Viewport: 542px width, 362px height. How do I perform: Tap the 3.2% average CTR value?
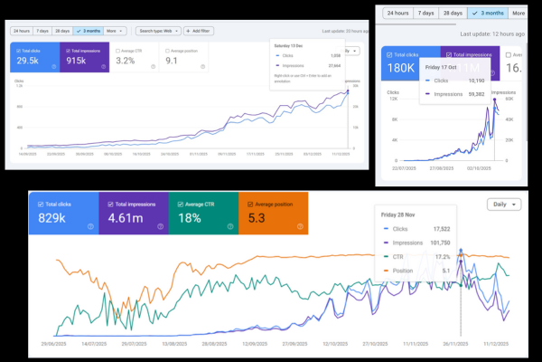point(126,61)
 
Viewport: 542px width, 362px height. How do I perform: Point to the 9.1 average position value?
point(172,61)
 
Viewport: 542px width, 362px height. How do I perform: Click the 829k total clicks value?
point(53,218)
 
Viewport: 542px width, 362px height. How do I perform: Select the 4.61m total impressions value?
point(125,218)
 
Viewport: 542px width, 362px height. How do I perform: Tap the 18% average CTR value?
point(191,218)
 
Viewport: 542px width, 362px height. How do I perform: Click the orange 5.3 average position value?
point(257,218)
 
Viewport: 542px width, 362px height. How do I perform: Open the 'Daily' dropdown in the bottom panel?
point(503,205)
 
